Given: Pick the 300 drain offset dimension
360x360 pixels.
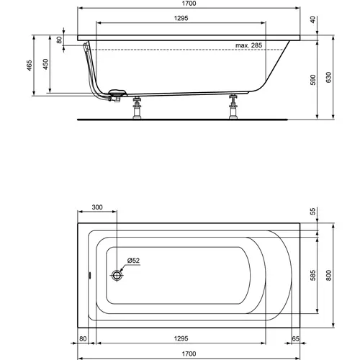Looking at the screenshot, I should [x=97, y=207].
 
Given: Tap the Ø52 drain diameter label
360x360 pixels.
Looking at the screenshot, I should [x=134, y=260].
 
